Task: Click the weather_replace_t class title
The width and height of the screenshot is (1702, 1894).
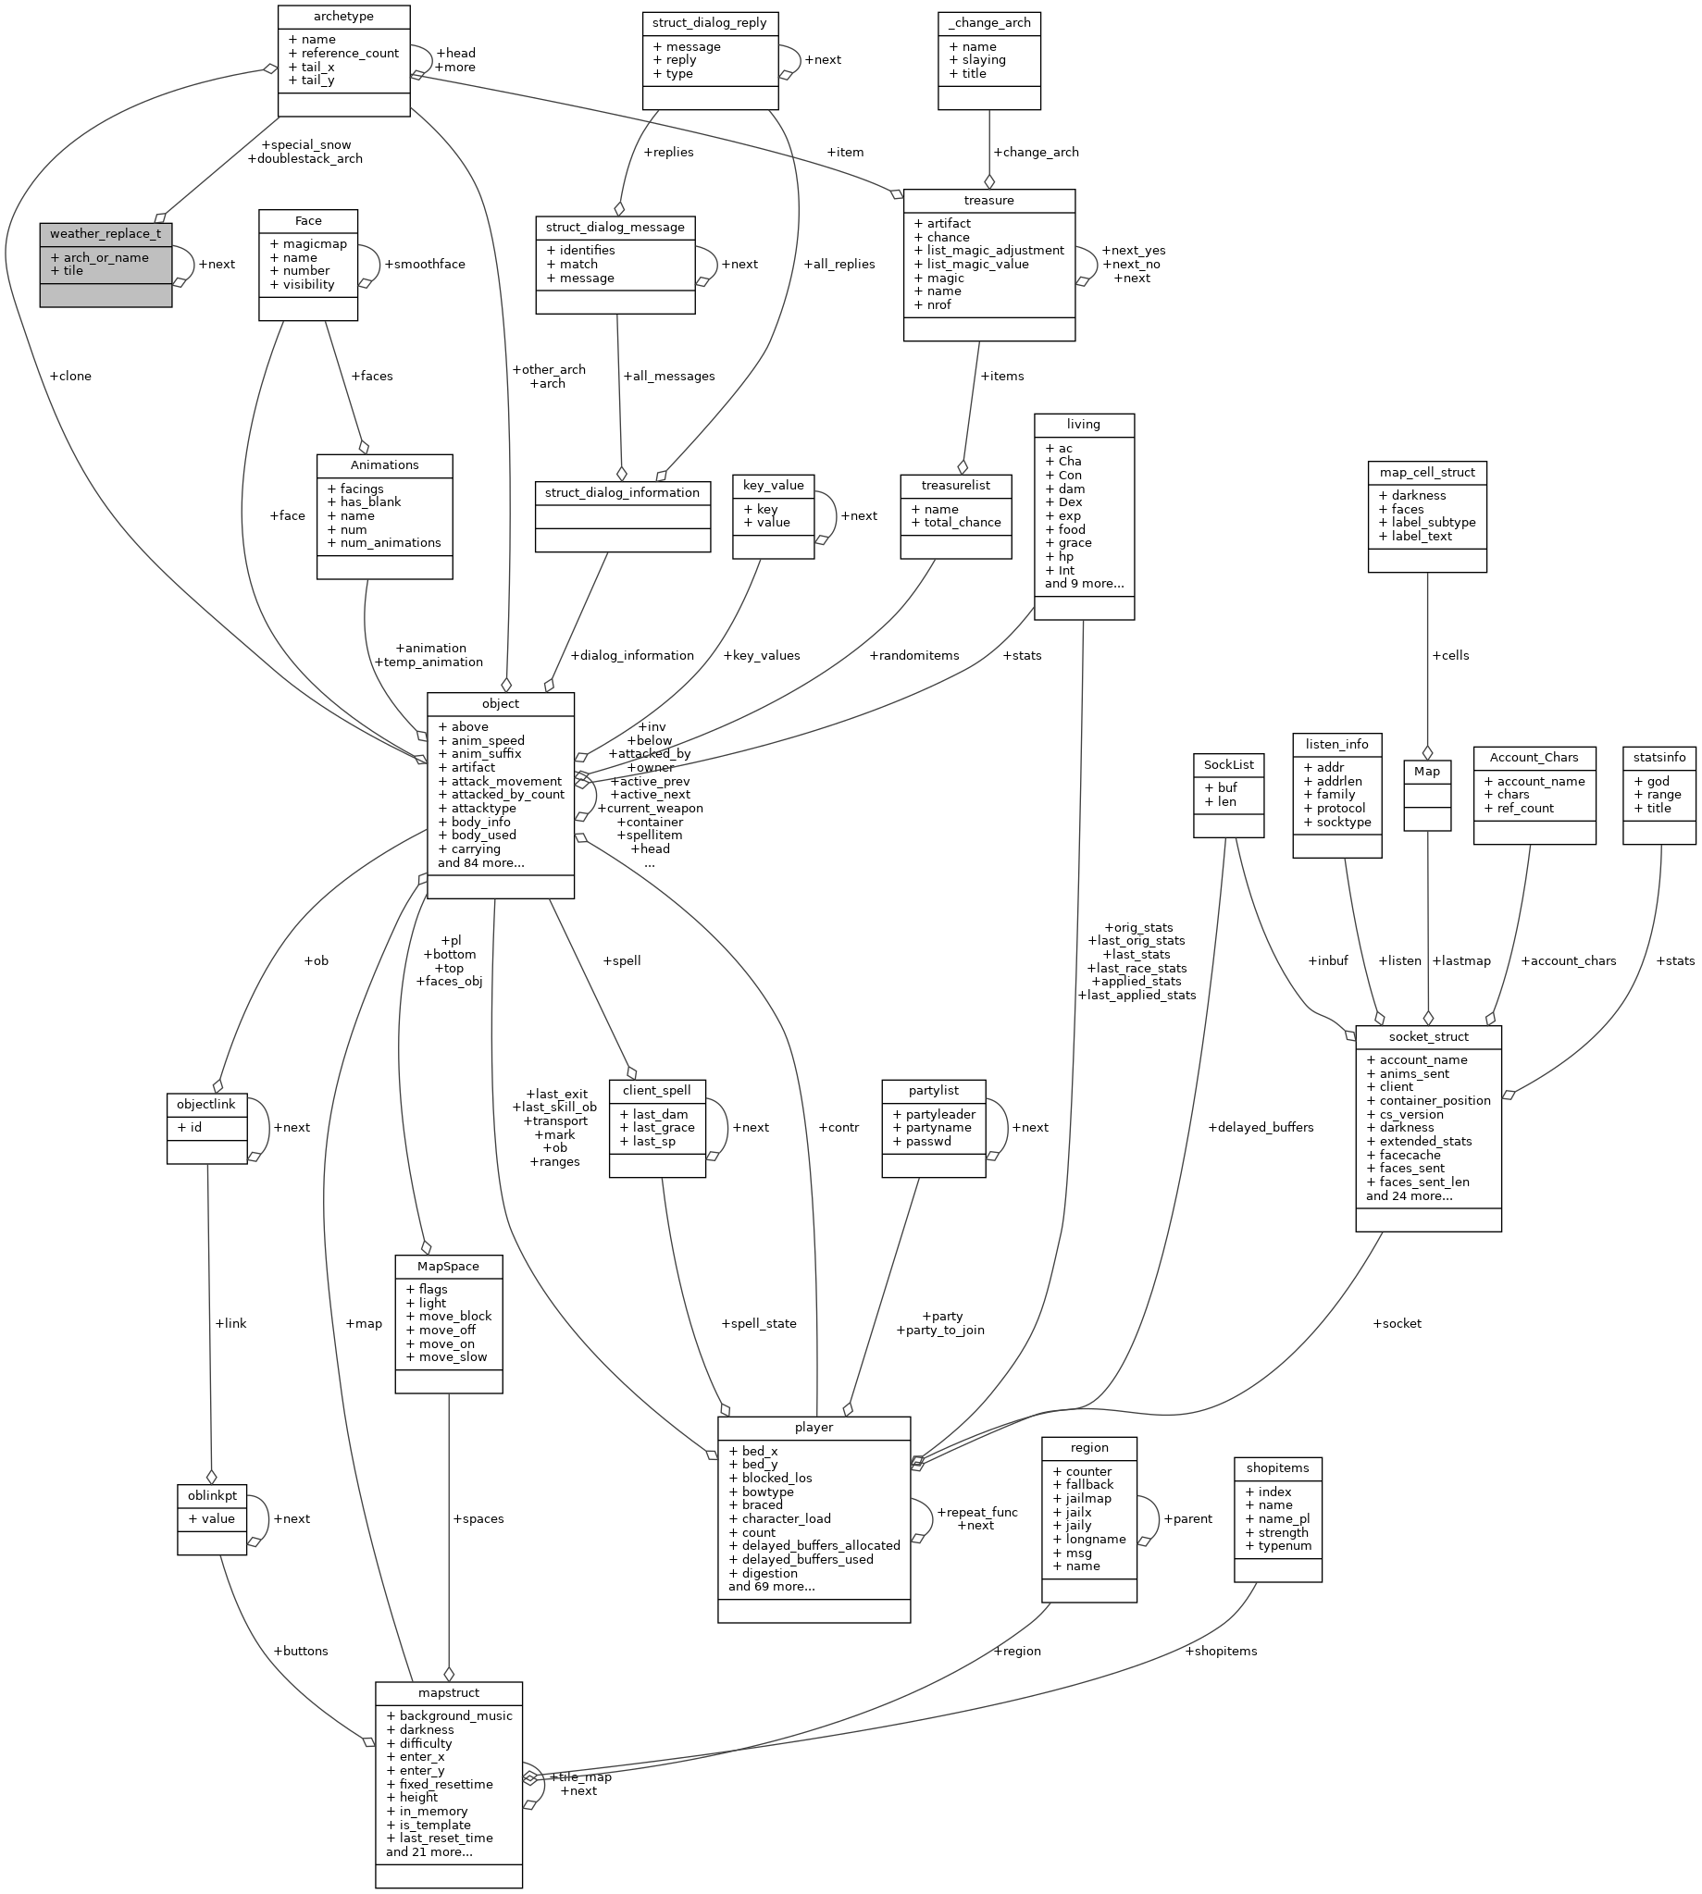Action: pos(105,233)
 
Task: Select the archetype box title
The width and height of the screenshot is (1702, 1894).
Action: pos(343,16)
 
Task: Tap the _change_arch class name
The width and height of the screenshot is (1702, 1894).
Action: pos(988,22)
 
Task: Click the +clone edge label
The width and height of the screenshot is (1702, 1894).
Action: pos(70,376)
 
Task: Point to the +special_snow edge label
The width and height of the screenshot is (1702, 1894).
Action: pos(305,145)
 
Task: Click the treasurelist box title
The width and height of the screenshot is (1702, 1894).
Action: pos(955,486)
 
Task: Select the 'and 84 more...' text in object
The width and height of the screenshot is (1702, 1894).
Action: pos(480,863)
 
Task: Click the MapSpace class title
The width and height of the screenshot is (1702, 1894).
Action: pos(448,1266)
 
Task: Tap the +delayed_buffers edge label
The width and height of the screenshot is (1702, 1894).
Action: pos(1260,1128)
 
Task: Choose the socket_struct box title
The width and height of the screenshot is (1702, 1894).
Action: pos(1427,1036)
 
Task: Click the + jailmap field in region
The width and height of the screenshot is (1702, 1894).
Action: pos(1082,1498)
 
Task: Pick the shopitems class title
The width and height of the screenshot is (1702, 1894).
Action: pos(1276,1467)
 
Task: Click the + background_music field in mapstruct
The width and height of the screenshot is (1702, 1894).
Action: pos(449,1715)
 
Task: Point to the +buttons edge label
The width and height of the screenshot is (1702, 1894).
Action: pos(300,1651)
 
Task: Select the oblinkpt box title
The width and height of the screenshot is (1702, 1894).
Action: pos(210,1496)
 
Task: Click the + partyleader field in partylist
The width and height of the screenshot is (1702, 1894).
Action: pos(933,1114)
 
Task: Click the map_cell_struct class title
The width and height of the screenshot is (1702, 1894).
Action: pos(1426,472)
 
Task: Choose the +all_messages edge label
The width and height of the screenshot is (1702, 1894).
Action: pos(668,376)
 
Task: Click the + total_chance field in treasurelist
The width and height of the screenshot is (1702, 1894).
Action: pos(956,523)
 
